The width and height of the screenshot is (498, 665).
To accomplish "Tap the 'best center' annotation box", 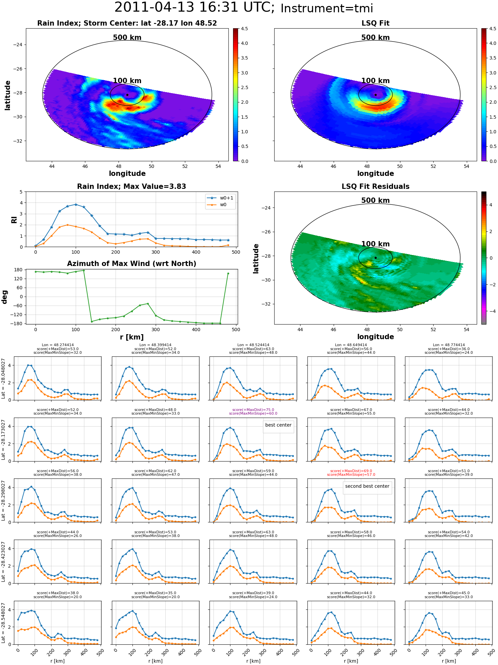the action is pyautogui.click(x=278, y=425).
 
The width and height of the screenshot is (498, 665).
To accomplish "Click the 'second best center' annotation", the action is pyautogui.click(x=367, y=486).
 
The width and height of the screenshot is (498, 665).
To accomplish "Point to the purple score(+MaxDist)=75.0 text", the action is pyautogui.click(x=253, y=410).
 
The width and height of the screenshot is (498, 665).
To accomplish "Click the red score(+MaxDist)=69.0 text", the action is pyautogui.click(x=351, y=471).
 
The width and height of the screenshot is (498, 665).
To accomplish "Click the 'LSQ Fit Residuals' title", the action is pyautogui.click(x=375, y=187).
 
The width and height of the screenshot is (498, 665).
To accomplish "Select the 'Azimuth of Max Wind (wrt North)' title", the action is pyautogui.click(x=131, y=264).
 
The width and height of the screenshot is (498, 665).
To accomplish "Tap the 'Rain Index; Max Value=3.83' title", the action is pyautogui.click(x=131, y=187).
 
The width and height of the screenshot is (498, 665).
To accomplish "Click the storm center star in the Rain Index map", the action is pyautogui.click(x=127, y=95).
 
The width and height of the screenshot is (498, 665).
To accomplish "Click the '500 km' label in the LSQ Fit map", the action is pyautogui.click(x=375, y=38).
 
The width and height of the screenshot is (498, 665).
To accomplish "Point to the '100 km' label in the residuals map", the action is pyautogui.click(x=375, y=244).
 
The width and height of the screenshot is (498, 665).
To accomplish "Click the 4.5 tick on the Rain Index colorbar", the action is pyautogui.click(x=244, y=29).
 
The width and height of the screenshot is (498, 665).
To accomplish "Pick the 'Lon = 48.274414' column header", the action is pyautogui.click(x=58, y=345).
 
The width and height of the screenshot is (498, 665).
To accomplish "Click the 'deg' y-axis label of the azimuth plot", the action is pyautogui.click(x=4, y=297).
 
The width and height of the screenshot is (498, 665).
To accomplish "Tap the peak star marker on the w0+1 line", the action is pyautogui.click(x=76, y=204).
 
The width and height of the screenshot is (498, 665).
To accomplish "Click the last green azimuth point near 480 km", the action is pyautogui.click(x=228, y=273).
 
